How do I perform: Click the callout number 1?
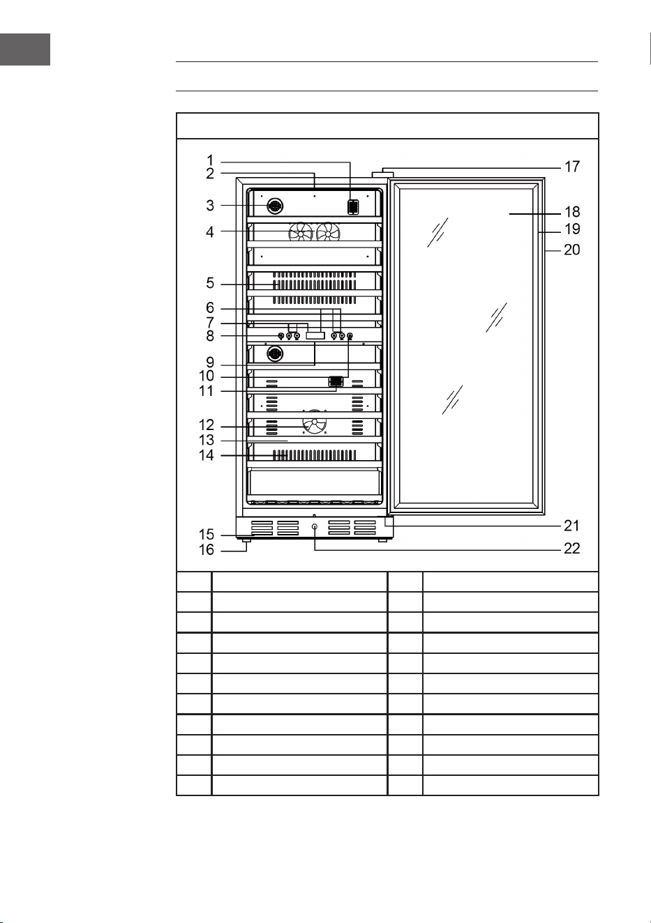pyautogui.click(x=210, y=160)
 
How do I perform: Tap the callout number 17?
pyautogui.click(x=572, y=167)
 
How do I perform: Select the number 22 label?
pyautogui.click(x=571, y=549)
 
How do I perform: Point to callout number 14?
pyautogui.click(x=207, y=455)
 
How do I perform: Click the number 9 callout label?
pyautogui.click(x=210, y=363)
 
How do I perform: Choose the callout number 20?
pyautogui.click(x=571, y=250)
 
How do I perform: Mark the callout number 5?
pyautogui.click(x=210, y=283)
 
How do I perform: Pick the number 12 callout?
pyautogui.click(x=207, y=425)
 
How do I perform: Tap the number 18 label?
pyautogui.click(x=572, y=212)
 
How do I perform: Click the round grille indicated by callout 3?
pyautogui.click(x=275, y=206)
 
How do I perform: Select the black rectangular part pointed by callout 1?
pyautogui.click(x=353, y=206)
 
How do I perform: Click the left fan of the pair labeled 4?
pyautogui.click(x=301, y=231)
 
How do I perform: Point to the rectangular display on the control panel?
pyautogui.click(x=315, y=336)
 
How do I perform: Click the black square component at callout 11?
pyautogui.click(x=336, y=381)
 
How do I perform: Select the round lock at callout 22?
pyautogui.click(x=315, y=526)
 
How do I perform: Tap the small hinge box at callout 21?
pyautogui.click(x=389, y=522)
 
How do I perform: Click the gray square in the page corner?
pyautogui.click(x=25, y=49)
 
